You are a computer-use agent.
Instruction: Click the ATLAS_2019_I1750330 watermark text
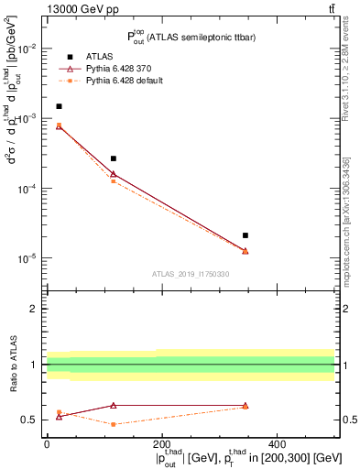[191, 274]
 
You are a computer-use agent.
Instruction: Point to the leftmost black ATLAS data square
[59, 106]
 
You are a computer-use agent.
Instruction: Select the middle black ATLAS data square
[113, 158]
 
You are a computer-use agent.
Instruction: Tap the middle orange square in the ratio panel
[113, 424]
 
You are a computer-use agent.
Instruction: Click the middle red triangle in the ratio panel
[113, 405]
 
